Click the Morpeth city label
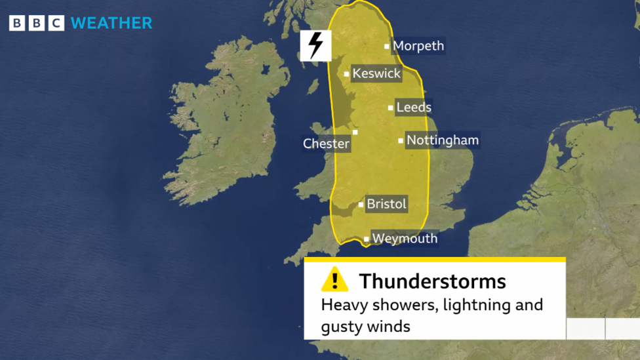[418, 46]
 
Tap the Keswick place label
[376, 73]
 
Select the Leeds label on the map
[414, 107]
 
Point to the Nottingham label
[443, 140]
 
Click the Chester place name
[327, 144]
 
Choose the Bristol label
[386, 204]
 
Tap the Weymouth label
[405, 239]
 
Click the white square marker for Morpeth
[387, 47]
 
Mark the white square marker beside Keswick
[347, 74]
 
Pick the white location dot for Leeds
[391, 108]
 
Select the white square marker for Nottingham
[401, 140]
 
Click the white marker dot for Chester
[355, 132]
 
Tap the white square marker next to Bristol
[361, 205]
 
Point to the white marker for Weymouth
[366, 239]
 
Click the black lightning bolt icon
[315, 45]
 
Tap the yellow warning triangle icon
[334, 280]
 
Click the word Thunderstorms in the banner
[432, 281]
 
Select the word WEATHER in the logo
[111, 23]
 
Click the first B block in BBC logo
[17, 24]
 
